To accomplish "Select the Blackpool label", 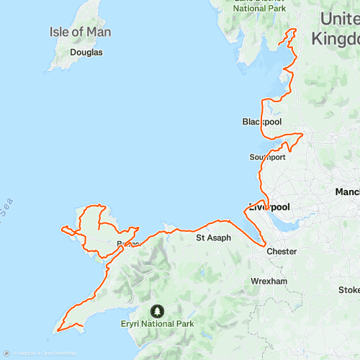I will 261,122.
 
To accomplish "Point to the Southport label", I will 268,156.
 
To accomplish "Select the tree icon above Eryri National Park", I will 158,311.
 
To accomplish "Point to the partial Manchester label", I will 347,192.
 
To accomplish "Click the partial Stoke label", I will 349,290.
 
